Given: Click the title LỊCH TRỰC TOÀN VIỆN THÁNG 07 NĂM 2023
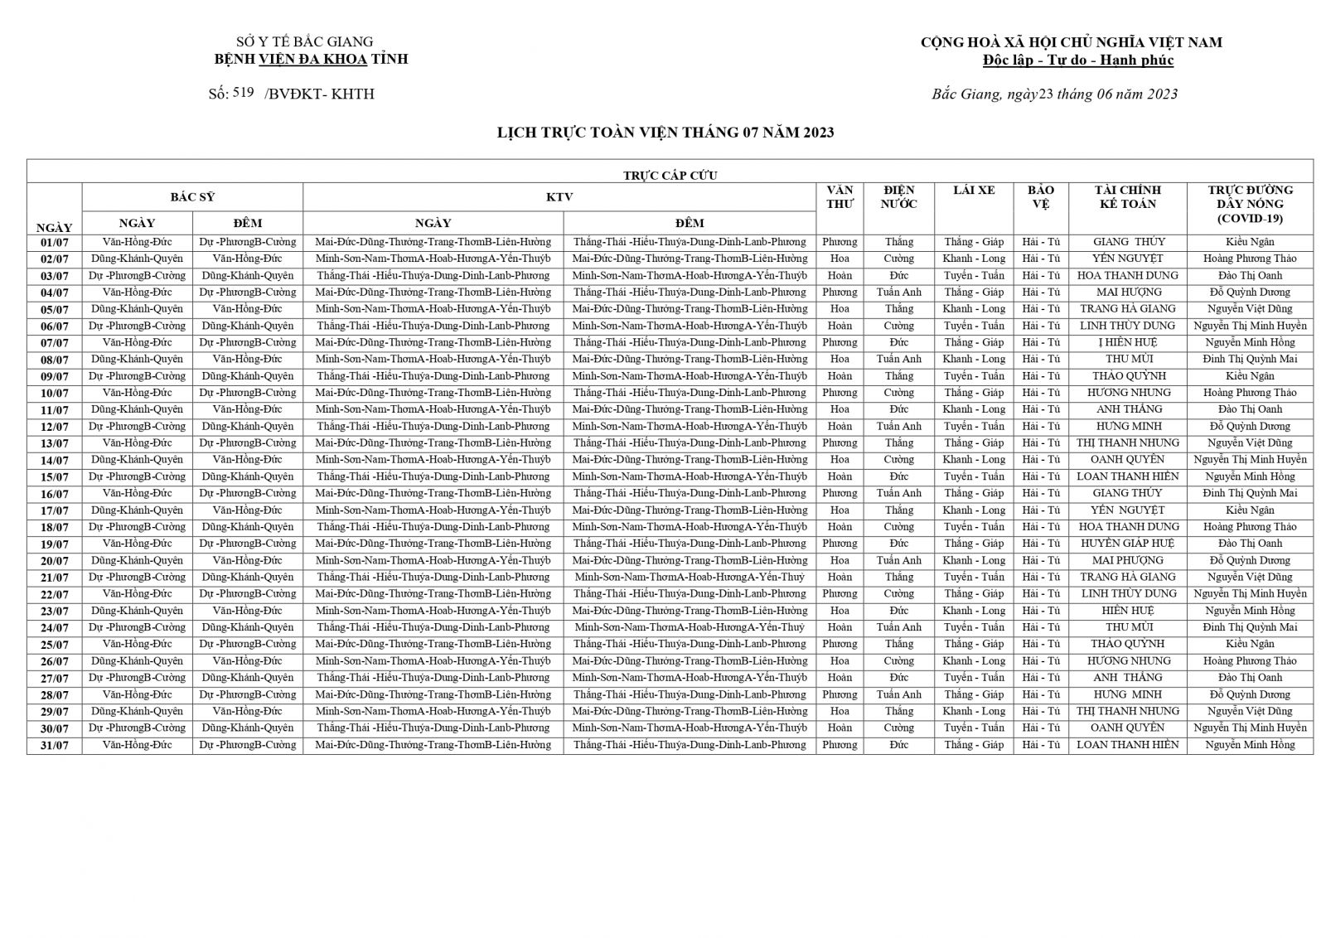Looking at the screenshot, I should [x=665, y=133].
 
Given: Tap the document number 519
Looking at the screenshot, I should [x=243, y=93].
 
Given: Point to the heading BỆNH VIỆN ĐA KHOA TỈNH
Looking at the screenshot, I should [x=311, y=59].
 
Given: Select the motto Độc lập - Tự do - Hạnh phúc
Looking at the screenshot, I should [x=1077, y=60].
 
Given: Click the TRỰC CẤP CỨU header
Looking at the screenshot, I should [x=670, y=175].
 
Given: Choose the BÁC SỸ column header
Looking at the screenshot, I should [x=192, y=197].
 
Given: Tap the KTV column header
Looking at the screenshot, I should [x=559, y=197].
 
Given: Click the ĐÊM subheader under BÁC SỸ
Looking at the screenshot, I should [x=247, y=223].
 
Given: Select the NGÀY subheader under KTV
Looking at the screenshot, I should [x=433, y=223].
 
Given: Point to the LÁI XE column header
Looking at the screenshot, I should [x=974, y=191].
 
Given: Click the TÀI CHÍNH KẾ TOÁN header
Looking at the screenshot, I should [x=1127, y=197].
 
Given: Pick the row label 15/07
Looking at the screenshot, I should [x=55, y=477].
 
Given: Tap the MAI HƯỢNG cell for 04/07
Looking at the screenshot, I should [x=1127, y=293].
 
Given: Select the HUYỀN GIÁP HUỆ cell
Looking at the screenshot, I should [x=1127, y=544].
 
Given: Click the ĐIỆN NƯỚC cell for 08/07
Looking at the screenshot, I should [x=898, y=360].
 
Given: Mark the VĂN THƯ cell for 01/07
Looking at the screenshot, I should [x=840, y=242].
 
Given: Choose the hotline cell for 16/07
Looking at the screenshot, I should [x=1250, y=493].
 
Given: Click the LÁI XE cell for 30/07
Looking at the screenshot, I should [x=974, y=728].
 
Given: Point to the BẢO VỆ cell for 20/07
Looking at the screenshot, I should [x=1041, y=560].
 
